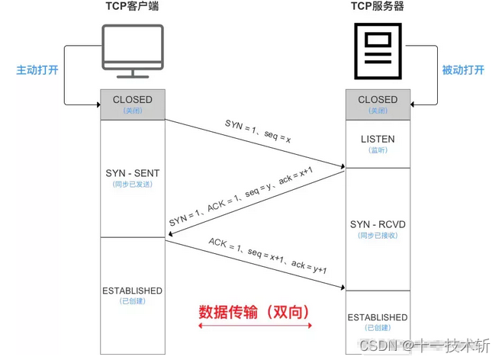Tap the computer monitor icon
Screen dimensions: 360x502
(132, 50)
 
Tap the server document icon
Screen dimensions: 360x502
(377, 50)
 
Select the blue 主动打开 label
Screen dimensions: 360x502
(36, 69)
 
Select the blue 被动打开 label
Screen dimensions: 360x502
(463, 69)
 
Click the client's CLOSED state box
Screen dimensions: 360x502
(132, 104)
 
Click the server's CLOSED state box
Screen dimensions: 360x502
(378, 104)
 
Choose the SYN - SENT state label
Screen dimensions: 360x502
(132, 173)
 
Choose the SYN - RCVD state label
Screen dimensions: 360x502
(378, 223)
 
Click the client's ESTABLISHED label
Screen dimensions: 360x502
(132, 291)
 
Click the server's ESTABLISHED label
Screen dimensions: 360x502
(378, 317)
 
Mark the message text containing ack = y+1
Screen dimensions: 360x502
(267, 256)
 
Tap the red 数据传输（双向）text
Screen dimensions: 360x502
(256, 311)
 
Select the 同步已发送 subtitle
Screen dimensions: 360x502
(132, 185)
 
